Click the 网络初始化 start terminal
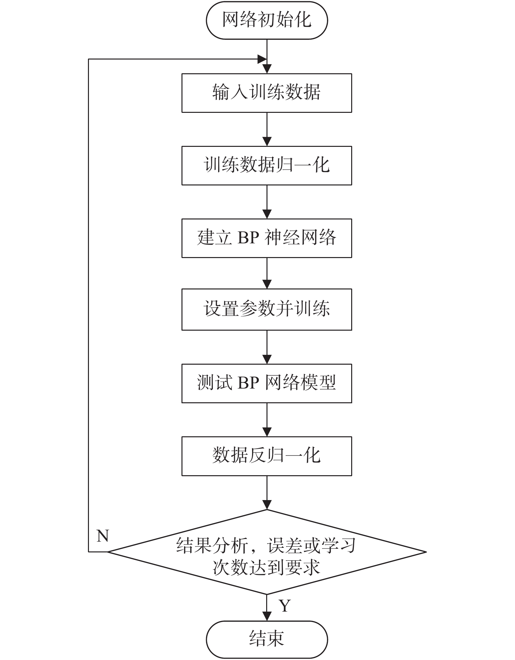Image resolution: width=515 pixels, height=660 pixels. [x=267, y=20]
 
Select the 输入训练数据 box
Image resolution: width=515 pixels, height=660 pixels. [x=267, y=93]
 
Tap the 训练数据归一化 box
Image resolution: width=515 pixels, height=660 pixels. [x=267, y=165]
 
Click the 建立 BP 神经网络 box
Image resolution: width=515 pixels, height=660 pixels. [x=267, y=238]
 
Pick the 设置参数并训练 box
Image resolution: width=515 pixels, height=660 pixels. [x=267, y=309]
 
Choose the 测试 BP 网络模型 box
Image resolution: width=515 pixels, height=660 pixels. [x=267, y=383]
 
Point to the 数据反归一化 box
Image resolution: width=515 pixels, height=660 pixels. [x=267, y=456]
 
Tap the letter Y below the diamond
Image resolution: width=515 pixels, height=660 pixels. [x=285, y=606]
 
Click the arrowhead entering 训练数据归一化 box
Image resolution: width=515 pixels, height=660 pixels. [x=267, y=141]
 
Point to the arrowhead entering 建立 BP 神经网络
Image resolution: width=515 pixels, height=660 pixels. [x=267, y=214]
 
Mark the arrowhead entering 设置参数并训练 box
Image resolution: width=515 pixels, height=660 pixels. [x=267, y=284]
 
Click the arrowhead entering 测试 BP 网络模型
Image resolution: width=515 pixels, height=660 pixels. [x=267, y=359]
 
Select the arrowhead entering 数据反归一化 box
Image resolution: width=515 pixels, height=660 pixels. [x=267, y=432]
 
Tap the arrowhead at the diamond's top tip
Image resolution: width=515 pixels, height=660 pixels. [x=267, y=505]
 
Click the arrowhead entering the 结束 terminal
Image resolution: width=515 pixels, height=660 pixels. [x=267, y=616]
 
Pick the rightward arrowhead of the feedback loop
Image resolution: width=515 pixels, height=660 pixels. [x=262, y=59]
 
